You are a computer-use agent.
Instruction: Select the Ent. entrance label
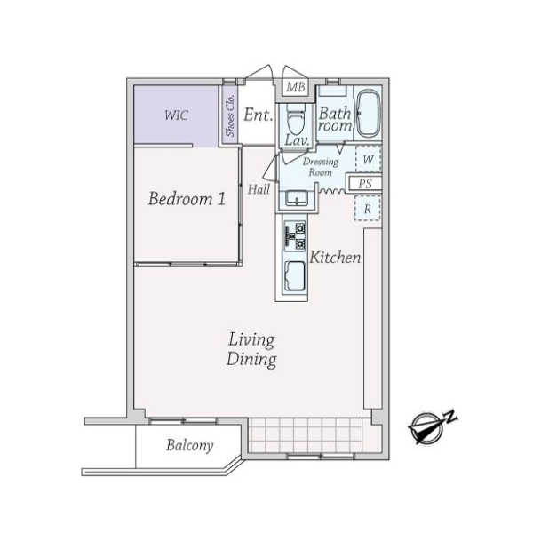click(258, 115)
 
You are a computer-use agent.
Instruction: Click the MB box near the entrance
click(295, 88)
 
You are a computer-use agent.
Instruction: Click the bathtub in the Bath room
click(368, 114)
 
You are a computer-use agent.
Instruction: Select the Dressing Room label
click(321, 167)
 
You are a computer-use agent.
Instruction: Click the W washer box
click(368, 159)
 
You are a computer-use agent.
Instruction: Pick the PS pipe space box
click(365, 184)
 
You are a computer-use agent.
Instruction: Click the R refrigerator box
click(367, 209)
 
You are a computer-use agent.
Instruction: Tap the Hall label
click(259, 189)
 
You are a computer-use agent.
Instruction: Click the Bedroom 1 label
click(187, 199)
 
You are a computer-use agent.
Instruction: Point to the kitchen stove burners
click(294, 236)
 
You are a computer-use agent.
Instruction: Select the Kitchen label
click(335, 258)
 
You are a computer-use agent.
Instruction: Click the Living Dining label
click(251, 350)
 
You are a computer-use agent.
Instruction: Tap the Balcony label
click(189, 446)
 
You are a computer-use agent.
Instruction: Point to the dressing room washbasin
click(293, 198)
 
